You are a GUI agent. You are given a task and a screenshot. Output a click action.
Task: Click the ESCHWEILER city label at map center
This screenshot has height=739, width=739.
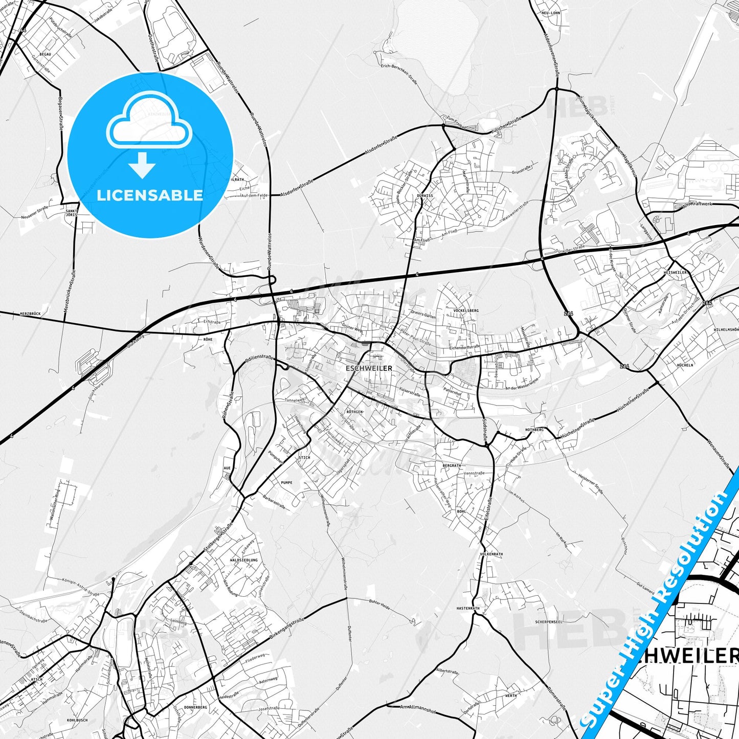pos(369,368)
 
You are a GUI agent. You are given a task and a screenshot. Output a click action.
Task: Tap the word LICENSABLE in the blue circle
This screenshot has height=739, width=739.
pos(150,195)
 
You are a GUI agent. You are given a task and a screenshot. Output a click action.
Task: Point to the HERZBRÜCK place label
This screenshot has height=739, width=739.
pos(30,313)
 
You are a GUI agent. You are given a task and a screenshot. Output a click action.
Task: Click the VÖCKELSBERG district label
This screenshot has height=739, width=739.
pos(465,310)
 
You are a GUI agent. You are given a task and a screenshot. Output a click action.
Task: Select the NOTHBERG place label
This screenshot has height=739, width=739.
pos(534,430)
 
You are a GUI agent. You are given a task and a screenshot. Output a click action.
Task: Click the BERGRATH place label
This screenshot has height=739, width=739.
pos(452,466)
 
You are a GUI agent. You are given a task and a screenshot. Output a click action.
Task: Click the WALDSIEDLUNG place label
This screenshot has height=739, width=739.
pos(244,560)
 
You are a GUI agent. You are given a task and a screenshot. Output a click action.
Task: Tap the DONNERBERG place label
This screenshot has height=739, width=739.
pos(195,707)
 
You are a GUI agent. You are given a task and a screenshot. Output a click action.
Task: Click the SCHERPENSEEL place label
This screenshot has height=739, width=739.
pos(549,622)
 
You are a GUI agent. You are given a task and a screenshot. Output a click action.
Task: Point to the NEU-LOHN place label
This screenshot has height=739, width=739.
pos(551,13)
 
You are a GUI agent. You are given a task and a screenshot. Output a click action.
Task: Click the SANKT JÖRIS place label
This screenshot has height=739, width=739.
pos(71,212)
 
